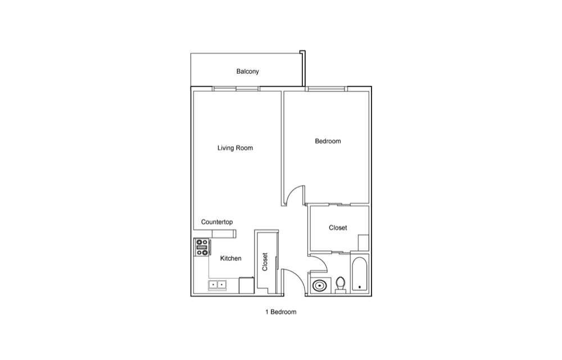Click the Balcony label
pyautogui.click(x=247, y=71)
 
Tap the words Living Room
pyautogui.click(x=235, y=148)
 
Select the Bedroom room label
pyautogui.click(x=328, y=141)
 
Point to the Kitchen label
pyautogui.click(x=230, y=258)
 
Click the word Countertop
pyautogui.click(x=217, y=222)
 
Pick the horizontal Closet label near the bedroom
pyautogui.click(x=338, y=228)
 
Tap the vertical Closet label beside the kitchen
pyautogui.click(x=265, y=262)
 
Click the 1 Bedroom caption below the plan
pyautogui.click(x=280, y=312)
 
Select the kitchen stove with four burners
pyautogui.click(x=202, y=247)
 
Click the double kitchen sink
pyautogui.click(x=217, y=285)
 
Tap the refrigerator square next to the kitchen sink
pyautogui.click(x=247, y=286)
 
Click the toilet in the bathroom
pyautogui.click(x=340, y=284)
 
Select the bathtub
pyautogui.click(x=360, y=274)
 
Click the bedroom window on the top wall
pyautogui.click(x=327, y=88)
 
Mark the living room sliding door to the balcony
pyautogui.click(x=235, y=88)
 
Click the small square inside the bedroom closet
pyautogui.click(x=364, y=243)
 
